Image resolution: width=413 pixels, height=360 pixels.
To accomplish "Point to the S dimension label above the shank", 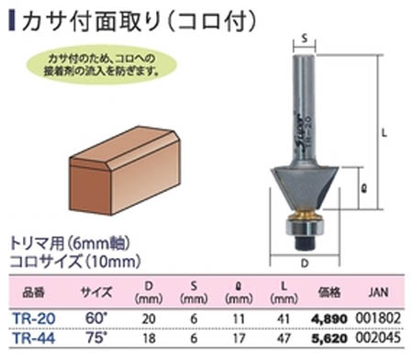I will coord(302,39).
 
